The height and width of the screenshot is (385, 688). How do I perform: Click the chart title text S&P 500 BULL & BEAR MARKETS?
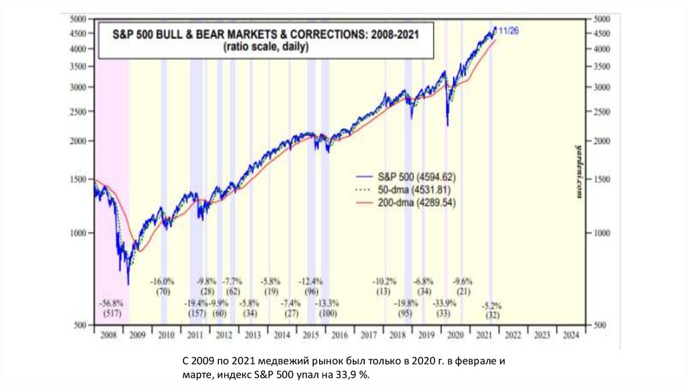[x=259, y=35]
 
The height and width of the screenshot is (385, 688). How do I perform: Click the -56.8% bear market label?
[x=111, y=302]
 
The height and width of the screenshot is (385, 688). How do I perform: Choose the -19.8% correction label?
[x=405, y=303]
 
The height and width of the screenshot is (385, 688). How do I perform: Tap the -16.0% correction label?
[x=162, y=281]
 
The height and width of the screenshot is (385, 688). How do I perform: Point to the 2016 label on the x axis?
[x=339, y=334]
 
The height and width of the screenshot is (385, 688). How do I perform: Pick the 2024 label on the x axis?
[x=568, y=334]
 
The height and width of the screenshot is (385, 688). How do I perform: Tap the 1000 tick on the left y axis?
[x=79, y=233]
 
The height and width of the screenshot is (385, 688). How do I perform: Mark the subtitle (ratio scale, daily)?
[x=259, y=47]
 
